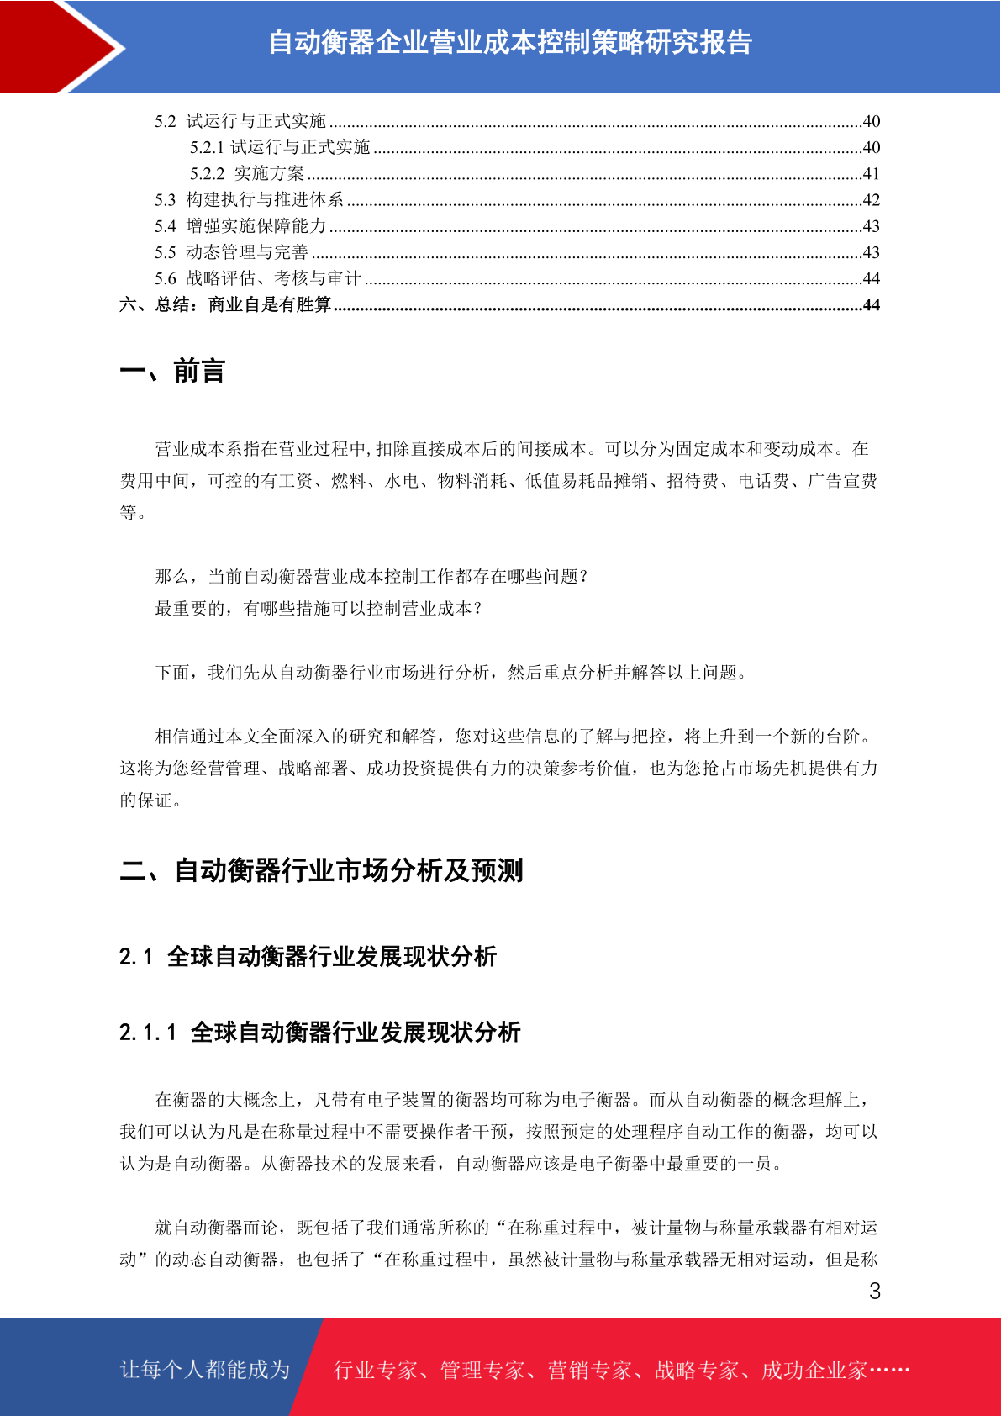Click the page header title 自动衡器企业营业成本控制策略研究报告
[x=510, y=42]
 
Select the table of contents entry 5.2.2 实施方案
[x=247, y=174]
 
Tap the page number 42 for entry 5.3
[x=871, y=200]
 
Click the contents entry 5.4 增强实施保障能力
[x=240, y=226]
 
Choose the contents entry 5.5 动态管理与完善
[x=231, y=252]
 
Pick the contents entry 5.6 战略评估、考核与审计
[x=257, y=278]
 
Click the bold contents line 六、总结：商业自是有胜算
[x=225, y=304]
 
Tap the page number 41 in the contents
[x=871, y=174]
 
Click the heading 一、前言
[x=172, y=371]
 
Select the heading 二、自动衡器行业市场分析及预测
[x=321, y=870]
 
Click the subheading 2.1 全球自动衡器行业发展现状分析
[x=308, y=956]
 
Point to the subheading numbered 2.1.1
[x=319, y=1032]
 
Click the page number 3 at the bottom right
[x=875, y=1292]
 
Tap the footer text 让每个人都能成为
[x=205, y=1370]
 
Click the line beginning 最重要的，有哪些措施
[x=319, y=609]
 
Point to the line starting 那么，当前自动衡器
[x=371, y=577]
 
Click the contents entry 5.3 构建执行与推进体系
[x=249, y=200]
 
